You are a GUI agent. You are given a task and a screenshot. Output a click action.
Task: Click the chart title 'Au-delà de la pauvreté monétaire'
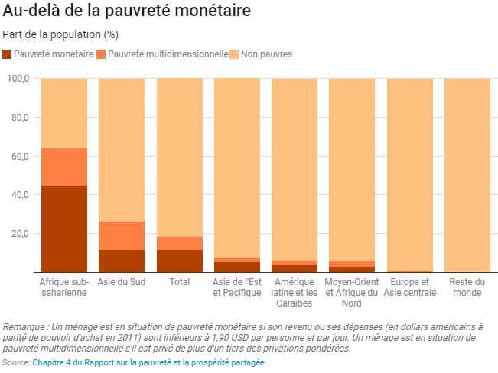click(126, 12)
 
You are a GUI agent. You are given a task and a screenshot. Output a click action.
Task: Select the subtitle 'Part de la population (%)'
click(60, 34)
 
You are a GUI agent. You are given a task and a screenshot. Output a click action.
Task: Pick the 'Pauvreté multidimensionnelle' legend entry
click(162, 54)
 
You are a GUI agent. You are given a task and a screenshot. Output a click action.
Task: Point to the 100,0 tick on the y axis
click(18, 79)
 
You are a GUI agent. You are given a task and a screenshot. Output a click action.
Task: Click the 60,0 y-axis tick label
click(20, 156)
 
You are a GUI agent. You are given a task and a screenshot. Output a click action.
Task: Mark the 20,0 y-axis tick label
click(20, 233)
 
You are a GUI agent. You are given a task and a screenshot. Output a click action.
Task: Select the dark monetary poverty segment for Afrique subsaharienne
click(64, 229)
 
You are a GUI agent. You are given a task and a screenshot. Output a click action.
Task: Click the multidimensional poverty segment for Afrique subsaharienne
click(64, 167)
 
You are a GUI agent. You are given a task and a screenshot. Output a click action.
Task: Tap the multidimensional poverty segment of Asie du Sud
click(122, 235)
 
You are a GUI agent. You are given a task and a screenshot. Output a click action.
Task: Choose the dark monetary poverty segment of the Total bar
click(179, 261)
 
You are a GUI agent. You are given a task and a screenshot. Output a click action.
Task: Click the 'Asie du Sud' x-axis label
click(122, 282)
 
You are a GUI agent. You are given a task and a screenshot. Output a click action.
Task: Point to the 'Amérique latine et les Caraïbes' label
click(295, 292)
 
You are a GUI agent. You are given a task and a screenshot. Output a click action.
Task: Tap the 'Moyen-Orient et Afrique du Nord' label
click(352, 292)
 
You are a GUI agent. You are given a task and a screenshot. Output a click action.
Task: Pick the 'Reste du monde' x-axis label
click(467, 287)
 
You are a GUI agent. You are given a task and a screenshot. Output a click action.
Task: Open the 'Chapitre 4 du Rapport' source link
click(148, 362)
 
